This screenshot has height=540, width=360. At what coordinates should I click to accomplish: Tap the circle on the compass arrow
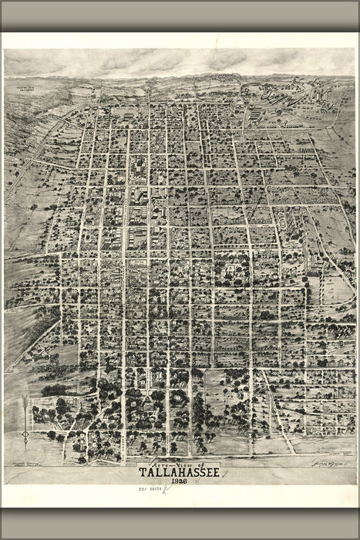click(25, 436)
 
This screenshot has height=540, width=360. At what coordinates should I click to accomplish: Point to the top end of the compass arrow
click(25, 397)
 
